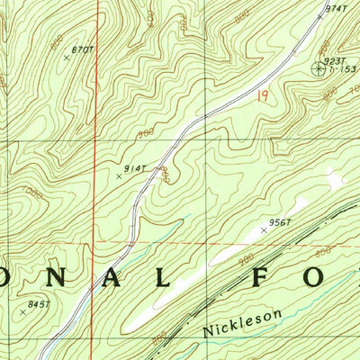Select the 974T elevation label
(336, 9)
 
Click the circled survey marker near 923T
(319, 67)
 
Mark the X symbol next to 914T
(119, 176)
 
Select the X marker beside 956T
(264, 230)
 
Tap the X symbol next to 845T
(23, 312)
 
